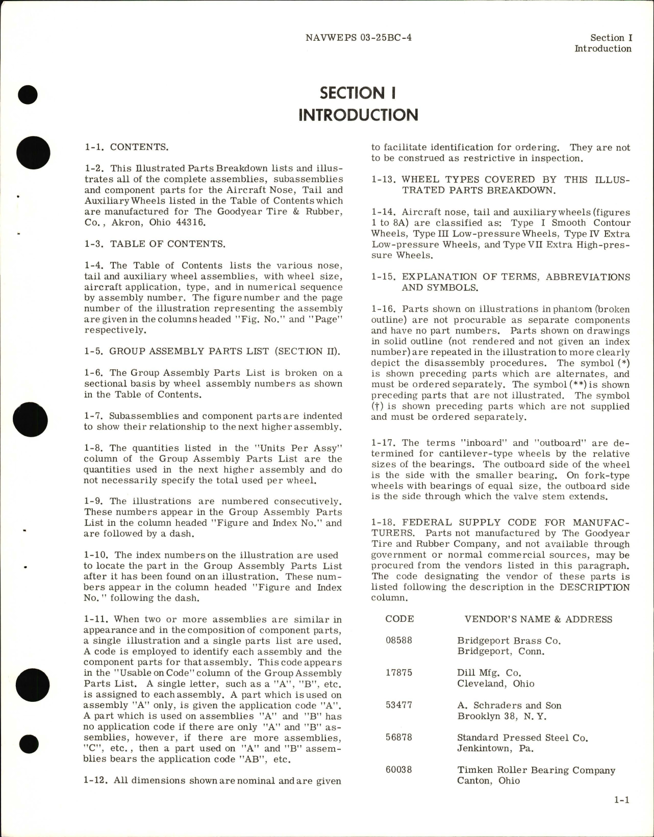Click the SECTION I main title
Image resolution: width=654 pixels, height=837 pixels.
[358, 93]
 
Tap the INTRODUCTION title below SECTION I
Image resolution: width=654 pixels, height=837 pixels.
[358, 115]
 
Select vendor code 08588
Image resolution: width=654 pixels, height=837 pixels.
[399, 640]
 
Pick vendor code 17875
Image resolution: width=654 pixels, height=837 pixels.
[399, 673]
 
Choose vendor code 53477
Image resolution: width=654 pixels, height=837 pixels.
[399, 705]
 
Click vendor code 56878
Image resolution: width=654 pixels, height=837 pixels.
[399, 738]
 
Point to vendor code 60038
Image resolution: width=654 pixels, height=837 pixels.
[399, 770]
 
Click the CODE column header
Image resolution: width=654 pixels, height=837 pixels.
[399, 619]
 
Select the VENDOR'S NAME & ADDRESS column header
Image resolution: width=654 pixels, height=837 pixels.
[538, 619]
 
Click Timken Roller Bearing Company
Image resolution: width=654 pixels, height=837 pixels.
[536, 770]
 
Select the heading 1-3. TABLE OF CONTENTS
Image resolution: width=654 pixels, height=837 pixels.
[155, 244]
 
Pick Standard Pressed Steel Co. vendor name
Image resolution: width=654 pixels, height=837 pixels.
[522, 738]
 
